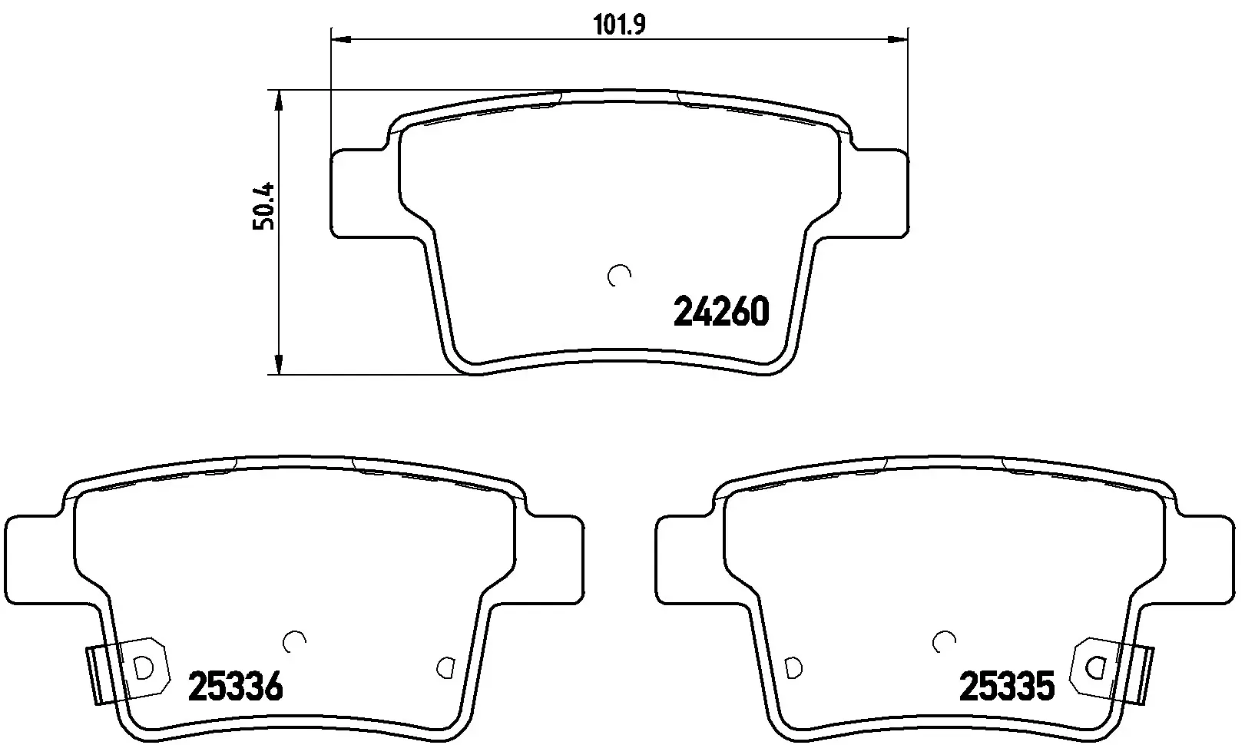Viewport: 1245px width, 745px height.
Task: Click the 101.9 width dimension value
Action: point(620,25)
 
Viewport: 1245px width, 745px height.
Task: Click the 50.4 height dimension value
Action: point(263,206)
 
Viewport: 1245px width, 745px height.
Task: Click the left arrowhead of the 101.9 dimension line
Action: point(341,39)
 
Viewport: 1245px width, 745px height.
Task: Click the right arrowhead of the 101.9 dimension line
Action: point(897,39)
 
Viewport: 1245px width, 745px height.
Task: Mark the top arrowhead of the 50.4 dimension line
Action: point(279,100)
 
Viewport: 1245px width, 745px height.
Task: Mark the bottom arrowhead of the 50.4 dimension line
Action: point(279,363)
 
